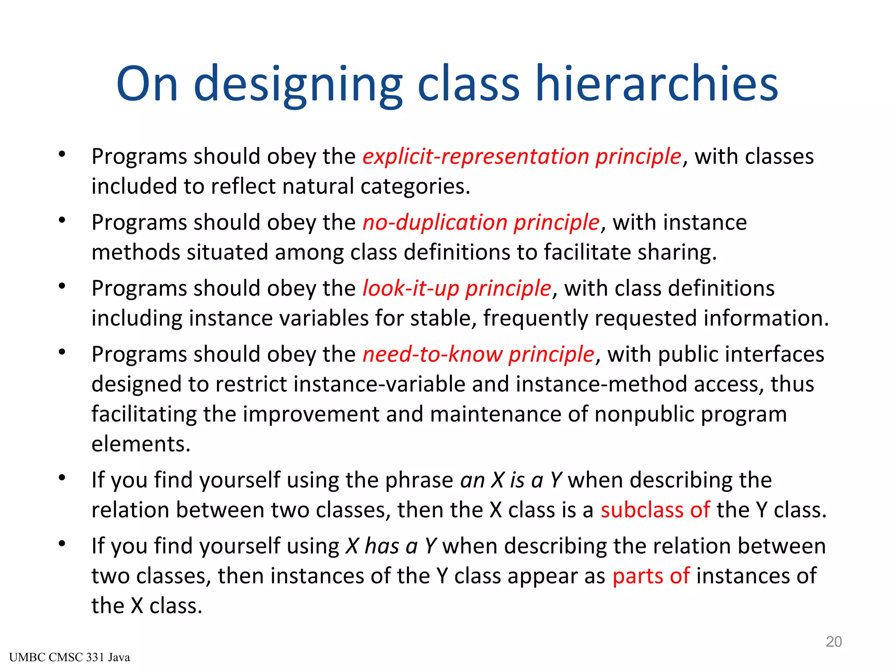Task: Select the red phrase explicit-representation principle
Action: [522, 157]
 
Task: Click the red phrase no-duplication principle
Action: [481, 223]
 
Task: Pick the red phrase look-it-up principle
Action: [457, 289]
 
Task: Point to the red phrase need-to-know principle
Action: [478, 354]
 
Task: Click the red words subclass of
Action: [655, 510]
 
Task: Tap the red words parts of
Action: [651, 576]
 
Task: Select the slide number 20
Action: [833, 642]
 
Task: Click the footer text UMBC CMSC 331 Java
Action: [69, 658]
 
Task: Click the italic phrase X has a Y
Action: [391, 546]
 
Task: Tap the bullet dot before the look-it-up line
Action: [62, 287]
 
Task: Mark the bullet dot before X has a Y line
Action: [62, 544]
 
